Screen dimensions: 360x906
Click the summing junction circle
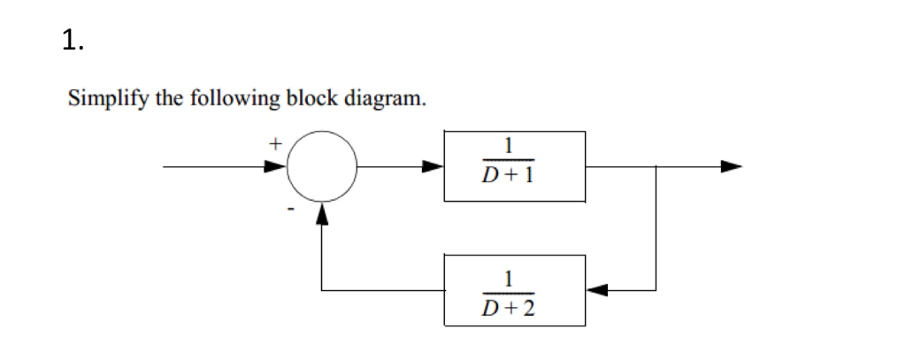[x=322, y=165]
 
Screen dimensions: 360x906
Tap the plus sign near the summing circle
[x=275, y=141]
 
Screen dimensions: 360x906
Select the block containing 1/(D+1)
[x=514, y=165]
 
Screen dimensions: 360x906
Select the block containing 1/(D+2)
[x=514, y=289]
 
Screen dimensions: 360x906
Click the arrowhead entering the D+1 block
[x=433, y=165]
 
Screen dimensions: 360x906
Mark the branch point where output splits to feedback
[x=656, y=165]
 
